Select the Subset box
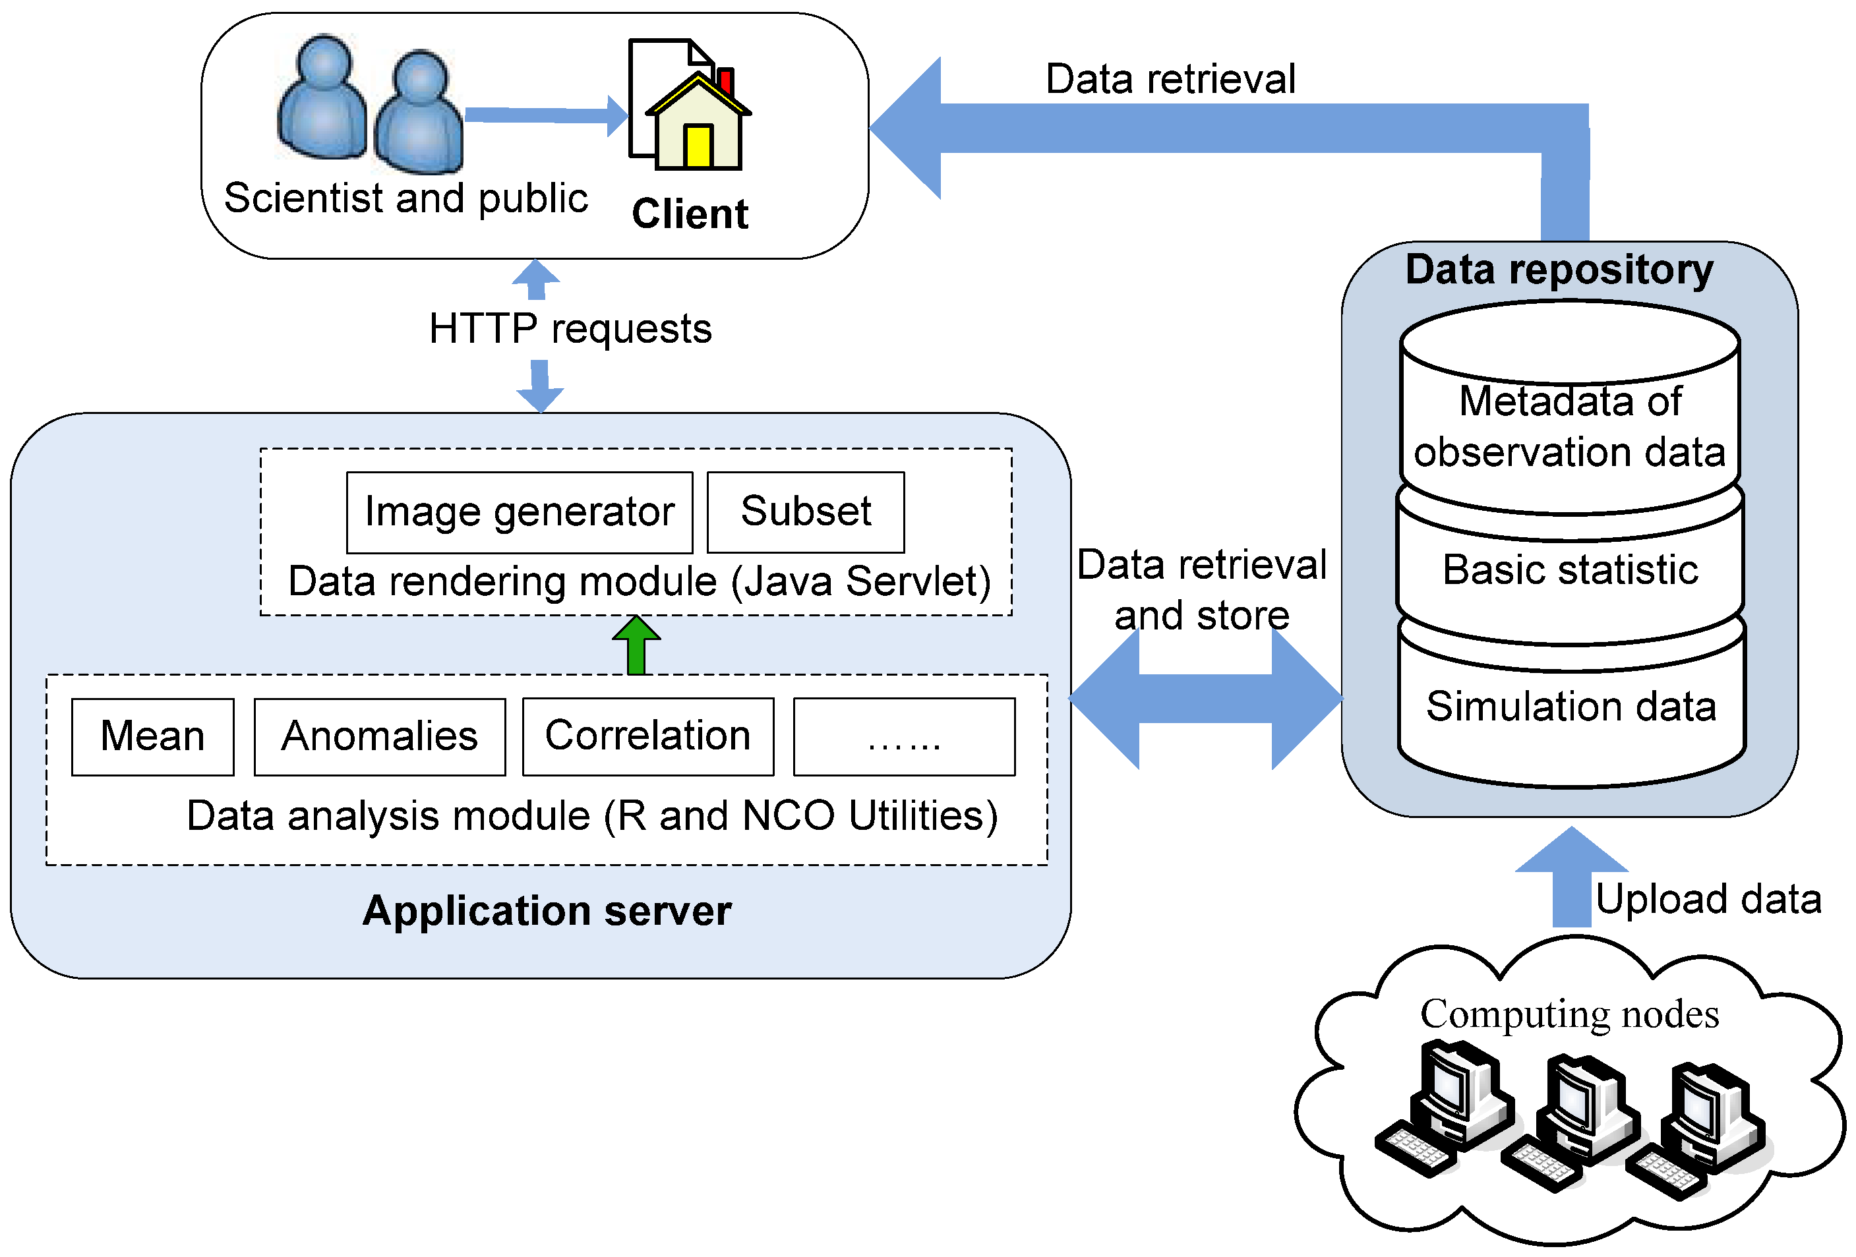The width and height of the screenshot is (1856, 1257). tap(805, 512)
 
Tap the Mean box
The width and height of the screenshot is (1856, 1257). tap(152, 736)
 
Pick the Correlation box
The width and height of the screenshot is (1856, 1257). tap(647, 736)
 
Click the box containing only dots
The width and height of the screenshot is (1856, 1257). tap(904, 736)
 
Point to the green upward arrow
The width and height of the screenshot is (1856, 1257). tap(636, 645)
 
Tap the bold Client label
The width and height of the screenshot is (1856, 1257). tap(690, 214)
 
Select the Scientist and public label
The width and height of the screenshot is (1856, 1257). tap(405, 198)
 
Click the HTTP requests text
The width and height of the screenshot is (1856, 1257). tap(570, 329)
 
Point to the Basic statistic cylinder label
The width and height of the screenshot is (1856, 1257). tap(1570, 570)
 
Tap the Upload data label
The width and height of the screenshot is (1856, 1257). tap(1708, 899)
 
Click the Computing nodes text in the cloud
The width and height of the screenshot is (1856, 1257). tap(1569, 1014)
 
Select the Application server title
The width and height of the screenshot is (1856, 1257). tap(547, 911)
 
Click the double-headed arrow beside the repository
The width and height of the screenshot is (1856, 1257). tap(1205, 699)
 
